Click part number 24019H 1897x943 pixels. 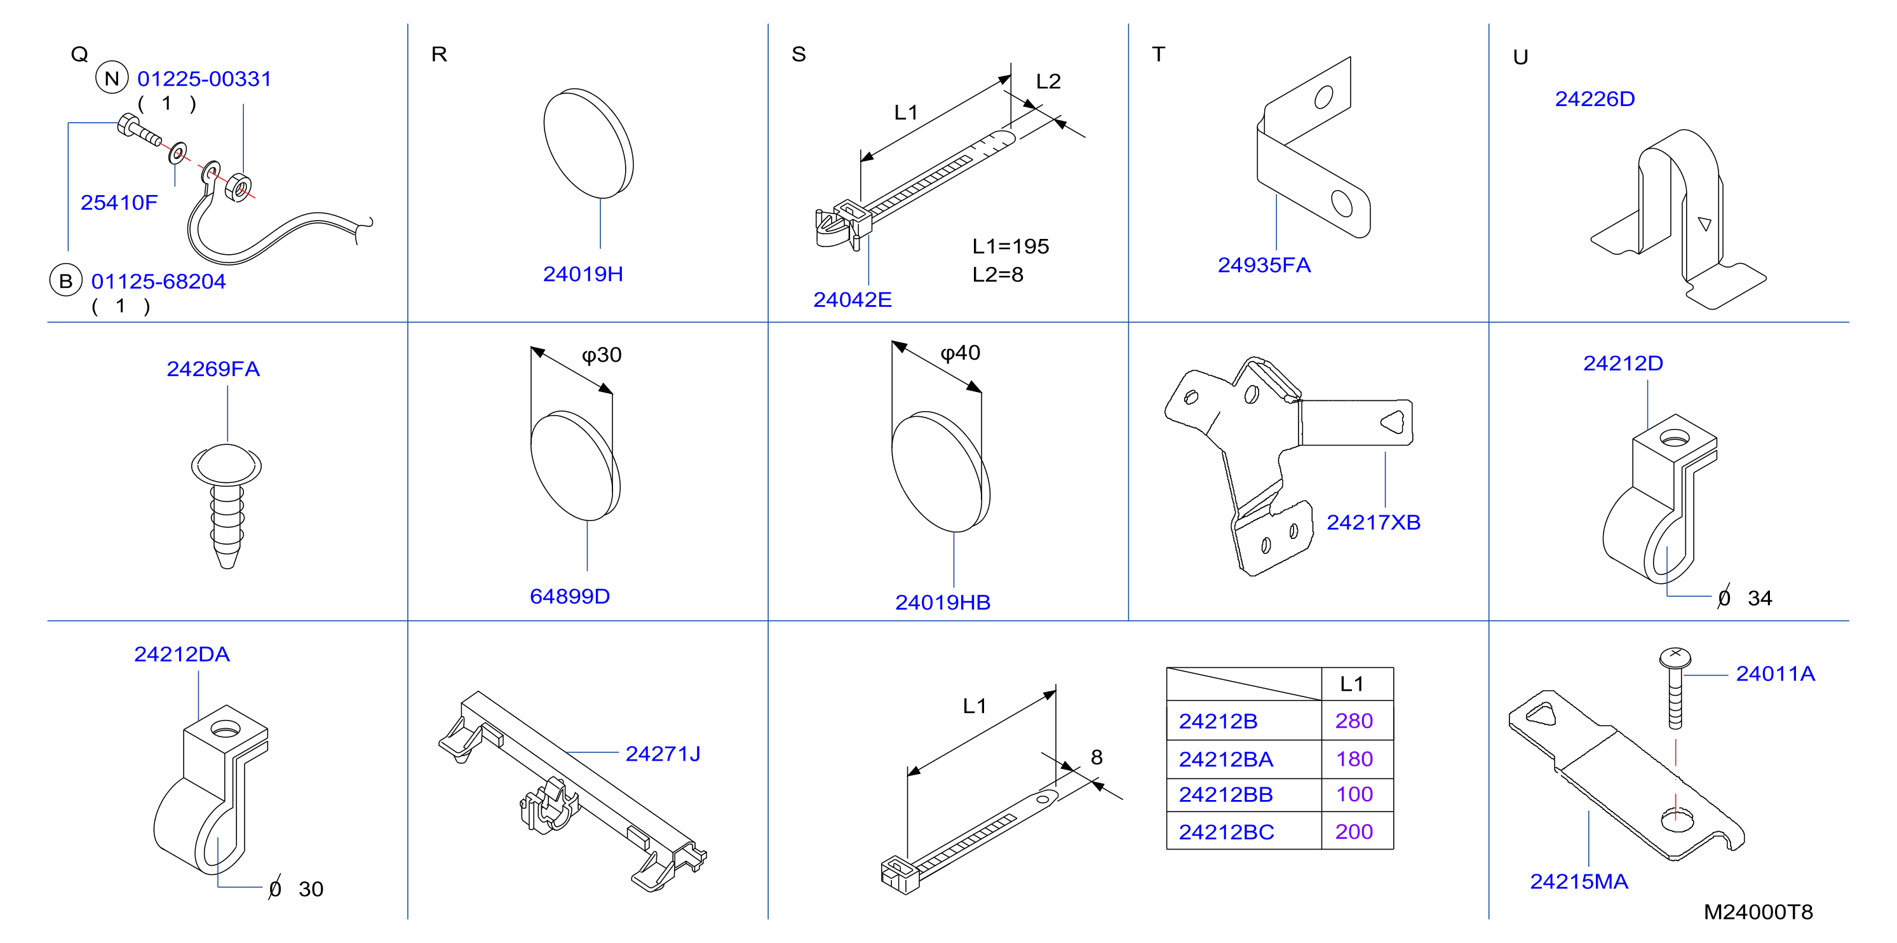coord(583,274)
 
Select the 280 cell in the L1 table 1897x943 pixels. coord(1354,721)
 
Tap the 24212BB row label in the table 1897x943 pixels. coord(1225,795)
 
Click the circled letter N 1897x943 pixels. coord(112,78)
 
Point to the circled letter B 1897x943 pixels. coord(65,281)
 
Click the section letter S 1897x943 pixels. coord(799,55)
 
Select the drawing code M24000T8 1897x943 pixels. coord(1758,912)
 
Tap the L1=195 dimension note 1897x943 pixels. coord(1010,246)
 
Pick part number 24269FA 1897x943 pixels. coord(213,369)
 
